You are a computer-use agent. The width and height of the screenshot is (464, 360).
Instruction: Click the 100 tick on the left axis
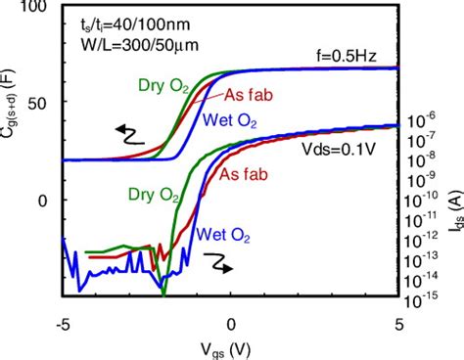[x=35, y=8]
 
